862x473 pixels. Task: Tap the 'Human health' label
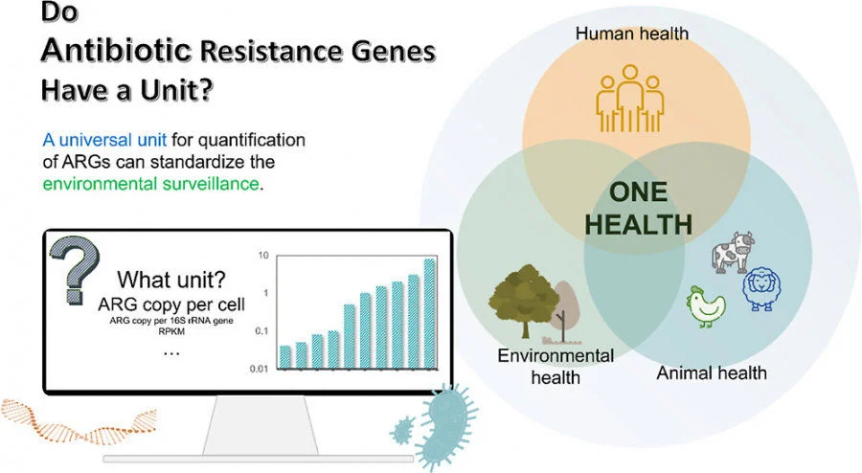coord(631,34)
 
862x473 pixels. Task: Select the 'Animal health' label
coord(711,372)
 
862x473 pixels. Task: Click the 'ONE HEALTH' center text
coord(639,208)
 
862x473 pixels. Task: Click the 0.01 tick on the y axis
coord(259,369)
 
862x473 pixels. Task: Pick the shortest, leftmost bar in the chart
coord(284,357)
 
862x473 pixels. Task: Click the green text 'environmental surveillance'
coord(149,183)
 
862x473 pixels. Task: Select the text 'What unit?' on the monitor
coord(171,281)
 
